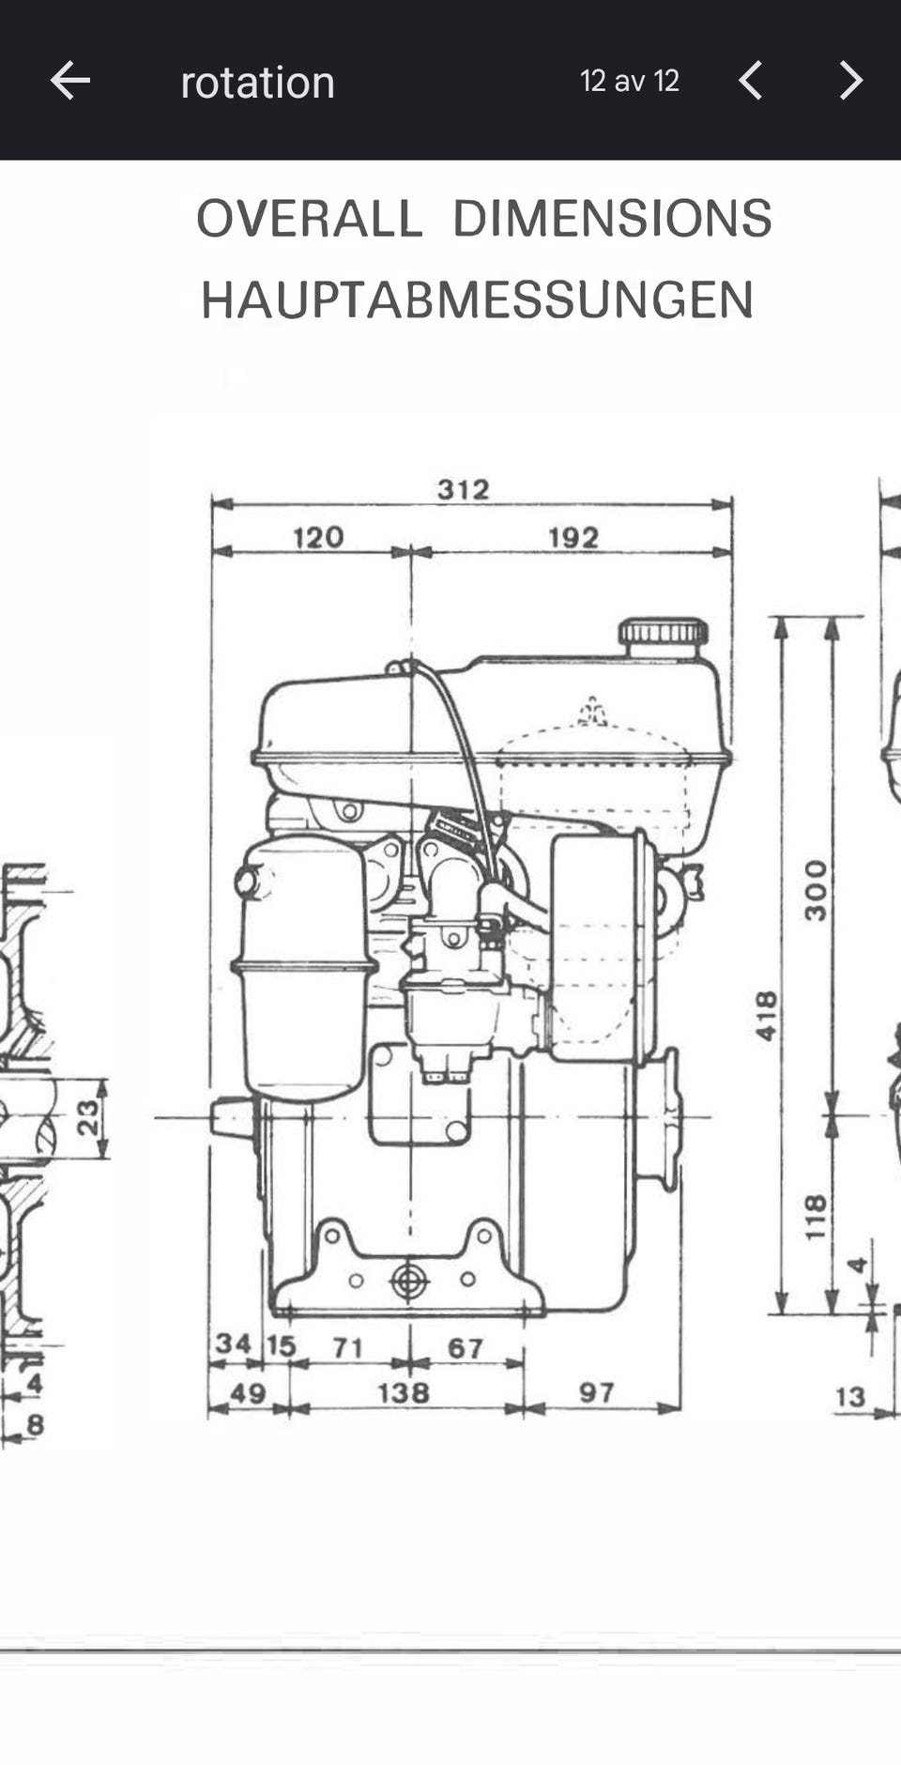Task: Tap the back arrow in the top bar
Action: (x=70, y=81)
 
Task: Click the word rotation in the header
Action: (x=258, y=83)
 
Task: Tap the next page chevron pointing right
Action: (x=850, y=81)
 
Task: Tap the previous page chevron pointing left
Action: (x=750, y=81)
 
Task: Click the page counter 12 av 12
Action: (x=630, y=81)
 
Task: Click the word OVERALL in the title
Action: (x=309, y=219)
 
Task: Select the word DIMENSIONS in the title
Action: (x=612, y=219)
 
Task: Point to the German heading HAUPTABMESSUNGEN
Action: (x=478, y=300)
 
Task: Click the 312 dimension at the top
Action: (x=464, y=489)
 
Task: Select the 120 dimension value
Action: (x=318, y=538)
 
